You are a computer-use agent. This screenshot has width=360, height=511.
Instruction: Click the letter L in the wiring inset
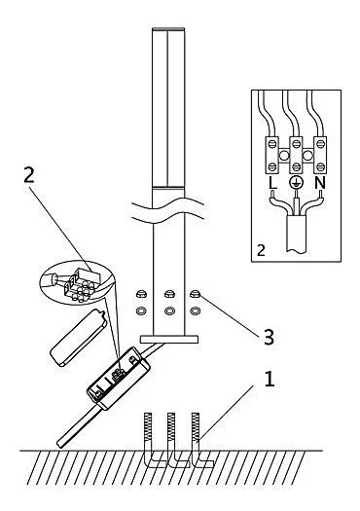pyautogui.click(x=272, y=184)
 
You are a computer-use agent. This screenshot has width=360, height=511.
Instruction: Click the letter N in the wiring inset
pyautogui.click(x=320, y=184)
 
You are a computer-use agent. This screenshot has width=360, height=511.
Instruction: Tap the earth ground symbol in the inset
pyautogui.click(x=296, y=183)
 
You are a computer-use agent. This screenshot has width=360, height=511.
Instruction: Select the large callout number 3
pyautogui.click(x=269, y=338)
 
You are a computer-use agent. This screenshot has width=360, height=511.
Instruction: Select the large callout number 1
pyautogui.click(x=270, y=379)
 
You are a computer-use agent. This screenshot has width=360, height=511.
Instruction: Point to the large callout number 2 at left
pyautogui.click(x=29, y=176)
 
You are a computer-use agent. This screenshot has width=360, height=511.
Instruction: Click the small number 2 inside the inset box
pyautogui.click(x=261, y=251)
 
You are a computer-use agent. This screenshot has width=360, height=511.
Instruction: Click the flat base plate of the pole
pyautogui.click(x=169, y=339)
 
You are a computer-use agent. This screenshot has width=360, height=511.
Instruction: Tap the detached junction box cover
pyautogui.click(x=78, y=338)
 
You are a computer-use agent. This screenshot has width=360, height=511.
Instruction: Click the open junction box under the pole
pyautogui.click(x=118, y=378)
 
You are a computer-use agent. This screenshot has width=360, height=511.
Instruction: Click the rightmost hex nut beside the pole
pyautogui.click(x=195, y=294)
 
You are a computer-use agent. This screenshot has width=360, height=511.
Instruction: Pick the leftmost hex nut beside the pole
pyautogui.click(x=142, y=294)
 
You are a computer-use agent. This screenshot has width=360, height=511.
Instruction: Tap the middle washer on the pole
pyautogui.click(x=168, y=311)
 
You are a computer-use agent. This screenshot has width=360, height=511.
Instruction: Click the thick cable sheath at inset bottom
pyautogui.click(x=296, y=234)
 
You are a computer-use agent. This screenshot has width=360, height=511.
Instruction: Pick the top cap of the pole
pyautogui.click(x=168, y=29)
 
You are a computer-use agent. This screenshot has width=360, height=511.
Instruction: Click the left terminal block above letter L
pyautogui.click(x=271, y=155)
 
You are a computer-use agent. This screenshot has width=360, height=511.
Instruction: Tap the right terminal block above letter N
pyautogui.click(x=319, y=155)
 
